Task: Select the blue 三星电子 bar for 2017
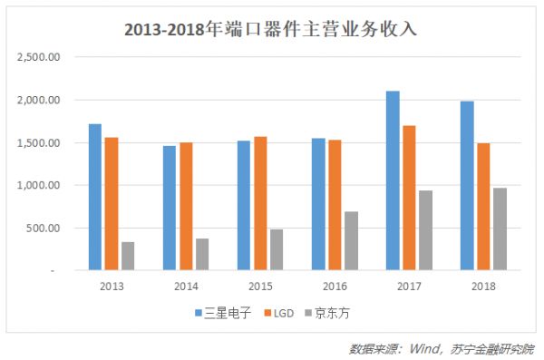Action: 393,180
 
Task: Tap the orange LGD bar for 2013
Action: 112,203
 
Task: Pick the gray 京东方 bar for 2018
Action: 499,229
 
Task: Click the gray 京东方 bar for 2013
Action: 128,256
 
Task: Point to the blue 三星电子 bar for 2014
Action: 170,208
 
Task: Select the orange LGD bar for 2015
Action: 260,203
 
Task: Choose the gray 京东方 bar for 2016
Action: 351,240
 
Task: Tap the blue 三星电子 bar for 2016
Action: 318,204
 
